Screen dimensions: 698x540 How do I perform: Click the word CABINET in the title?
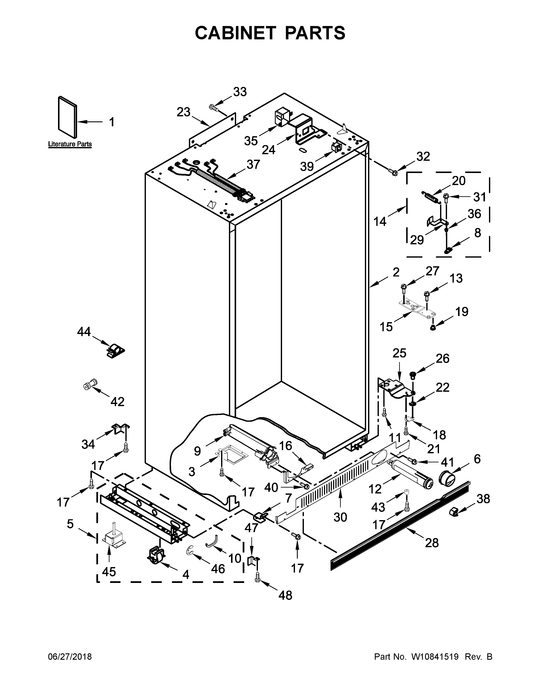pos(235,33)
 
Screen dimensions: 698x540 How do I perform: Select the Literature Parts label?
pos(70,144)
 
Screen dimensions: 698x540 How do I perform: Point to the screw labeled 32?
pos(393,172)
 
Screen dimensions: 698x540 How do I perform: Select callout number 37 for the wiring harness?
pos(253,165)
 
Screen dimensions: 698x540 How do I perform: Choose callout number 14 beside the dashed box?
pos(380,221)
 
